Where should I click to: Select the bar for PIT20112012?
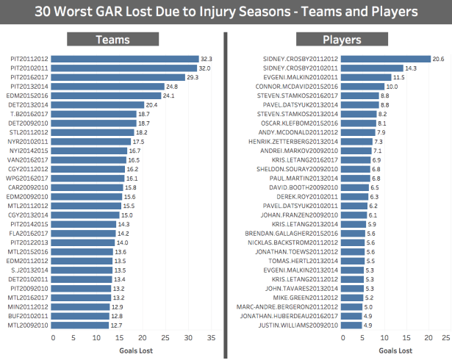pos(125,59)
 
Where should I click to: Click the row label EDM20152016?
pos(29,96)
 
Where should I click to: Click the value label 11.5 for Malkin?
pos(398,77)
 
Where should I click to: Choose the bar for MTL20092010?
pos(82,325)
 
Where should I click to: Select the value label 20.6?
pos(439,59)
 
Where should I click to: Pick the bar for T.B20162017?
pos(95,114)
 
